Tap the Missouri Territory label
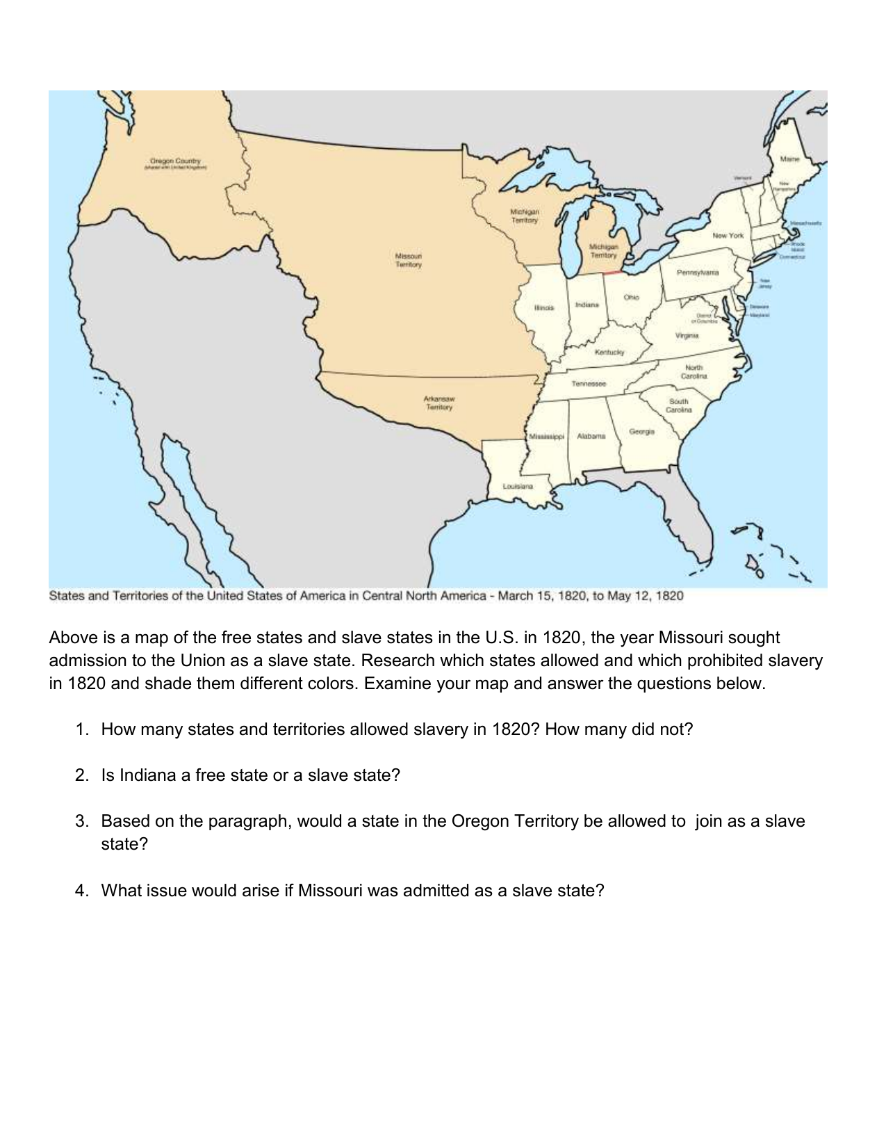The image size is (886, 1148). tap(409, 260)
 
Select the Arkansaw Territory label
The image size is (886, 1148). tap(438, 403)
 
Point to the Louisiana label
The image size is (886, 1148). tap(518, 486)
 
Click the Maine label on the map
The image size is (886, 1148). tap(789, 159)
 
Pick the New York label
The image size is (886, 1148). tap(728, 236)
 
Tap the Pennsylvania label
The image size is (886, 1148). tap(698, 273)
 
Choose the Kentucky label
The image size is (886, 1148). tap(609, 353)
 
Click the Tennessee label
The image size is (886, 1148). tap(589, 384)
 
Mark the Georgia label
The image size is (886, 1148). tap(641, 432)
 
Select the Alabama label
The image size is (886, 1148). tap(591, 437)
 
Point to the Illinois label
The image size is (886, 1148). tap(544, 307)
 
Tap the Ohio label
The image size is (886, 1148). tap(631, 298)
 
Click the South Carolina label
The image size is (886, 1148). tap(678, 405)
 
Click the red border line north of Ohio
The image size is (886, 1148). tap(613, 273)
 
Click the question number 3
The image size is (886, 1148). tap(81, 821)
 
